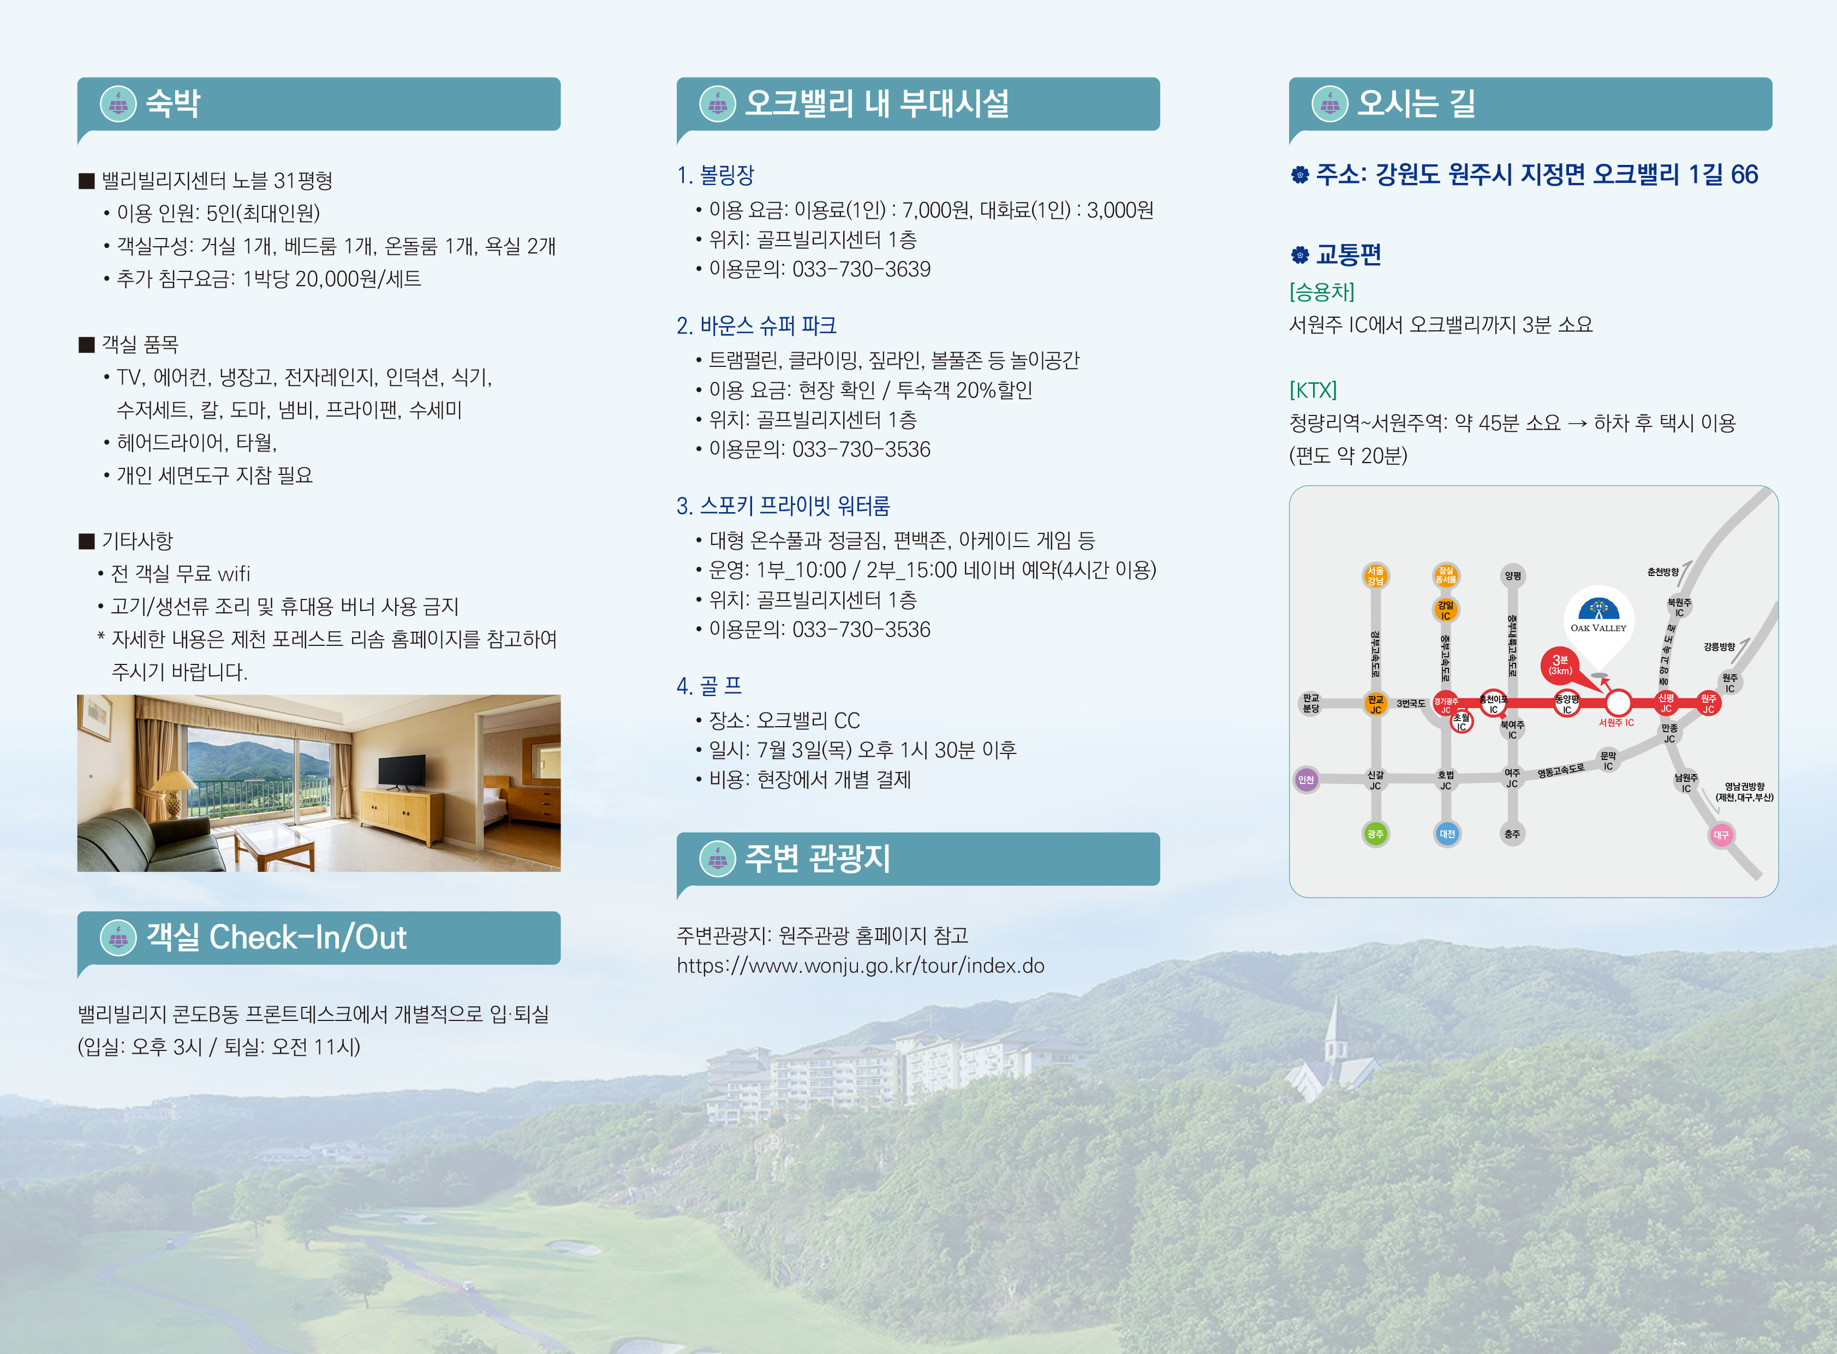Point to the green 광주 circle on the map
(1375, 834)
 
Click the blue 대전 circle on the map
(1447, 834)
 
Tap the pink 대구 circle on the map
(1721, 835)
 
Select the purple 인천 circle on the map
(1306, 780)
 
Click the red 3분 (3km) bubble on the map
(1560, 664)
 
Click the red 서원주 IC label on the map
(1616, 723)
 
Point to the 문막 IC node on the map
(1608, 761)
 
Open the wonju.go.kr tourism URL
(860, 965)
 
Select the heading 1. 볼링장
(715, 175)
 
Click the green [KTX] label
(1313, 390)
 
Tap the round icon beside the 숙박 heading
(118, 104)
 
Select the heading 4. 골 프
(709, 686)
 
